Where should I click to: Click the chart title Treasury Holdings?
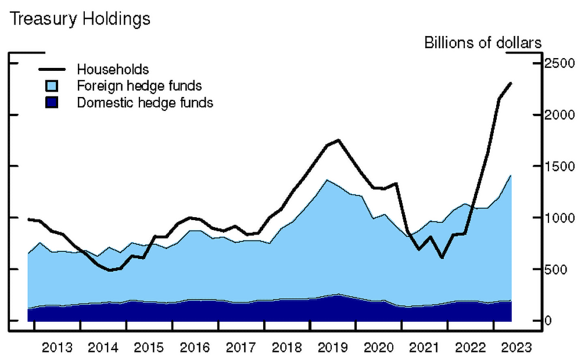click(80, 19)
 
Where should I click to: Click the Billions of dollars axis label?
click(483, 43)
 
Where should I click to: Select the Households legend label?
click(113, 70)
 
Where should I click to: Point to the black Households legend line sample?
click(52, 70)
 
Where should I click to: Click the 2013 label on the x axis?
click(58, 348)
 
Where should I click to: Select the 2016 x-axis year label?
click(195, 348)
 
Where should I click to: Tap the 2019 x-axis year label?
click(332, 348)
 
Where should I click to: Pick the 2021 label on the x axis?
click(424, 348)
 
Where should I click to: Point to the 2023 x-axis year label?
click(516, 348)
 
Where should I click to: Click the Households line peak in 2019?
click(339, 140)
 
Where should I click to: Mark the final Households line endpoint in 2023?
click(511, 83)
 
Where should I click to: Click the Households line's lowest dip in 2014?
click(109, 270)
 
